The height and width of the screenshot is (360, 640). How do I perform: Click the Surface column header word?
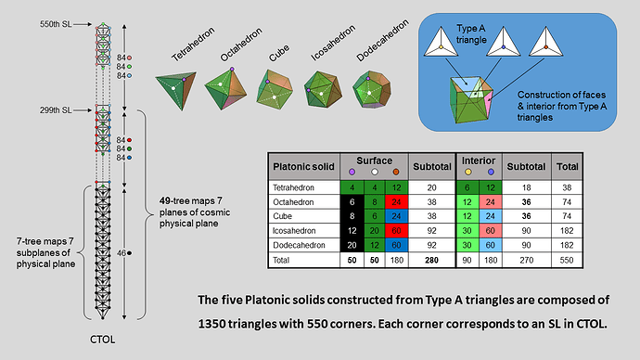coord(375,161)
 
